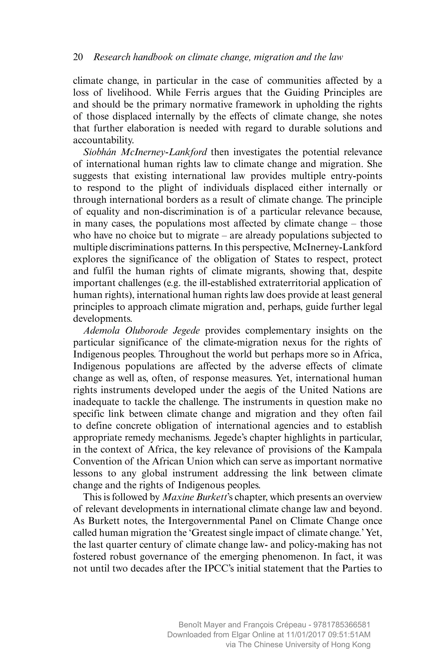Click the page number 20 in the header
78,57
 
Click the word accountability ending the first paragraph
103,140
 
